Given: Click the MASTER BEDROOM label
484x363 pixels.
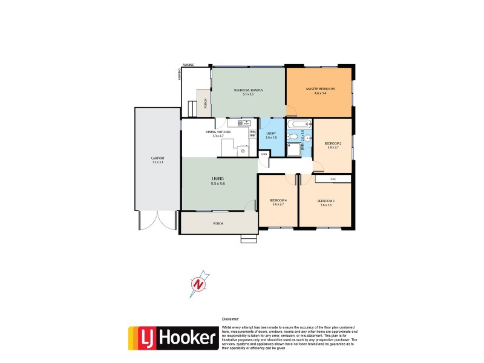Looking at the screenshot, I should pos(320,90).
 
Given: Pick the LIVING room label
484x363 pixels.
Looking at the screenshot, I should pos(218,179).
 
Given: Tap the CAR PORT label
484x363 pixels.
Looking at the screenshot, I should pos(157,160).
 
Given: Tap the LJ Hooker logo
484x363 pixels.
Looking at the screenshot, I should pos(172,338).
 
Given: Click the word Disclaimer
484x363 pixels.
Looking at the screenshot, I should pos(231,318).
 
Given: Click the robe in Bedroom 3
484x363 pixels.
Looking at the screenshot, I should pos(332,178).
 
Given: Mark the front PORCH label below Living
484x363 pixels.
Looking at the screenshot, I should pos(218,224).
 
